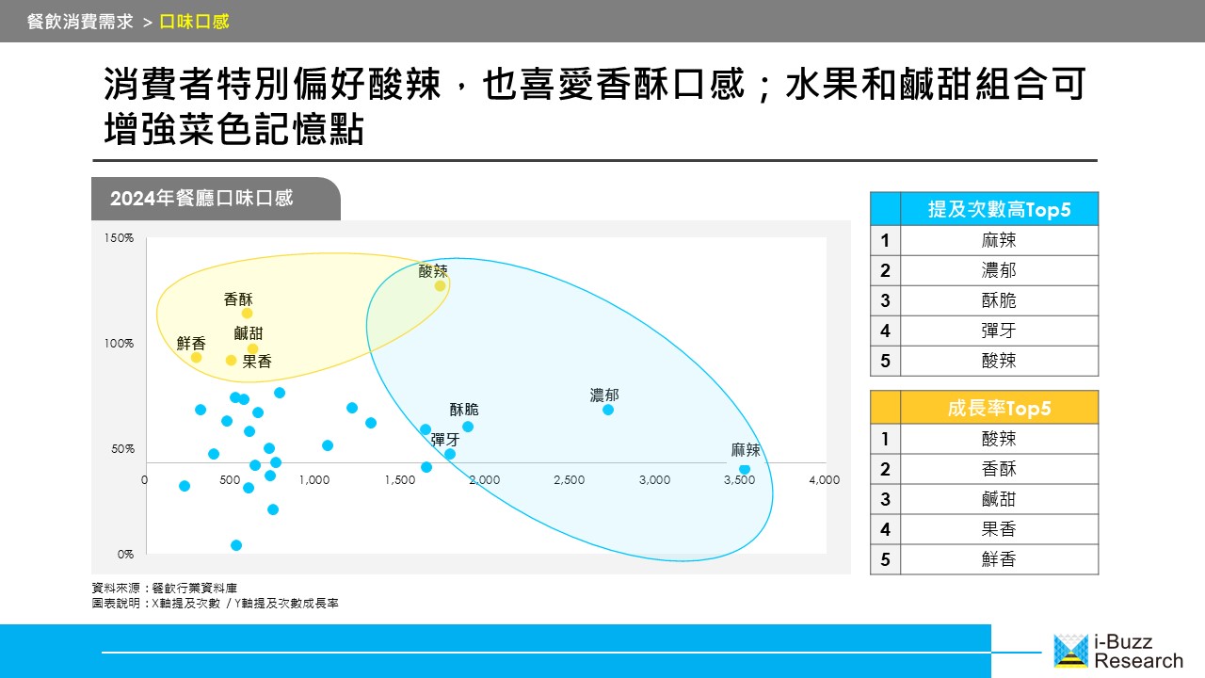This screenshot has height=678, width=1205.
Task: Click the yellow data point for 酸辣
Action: (440, 285)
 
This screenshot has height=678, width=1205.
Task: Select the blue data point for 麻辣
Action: (745, 469)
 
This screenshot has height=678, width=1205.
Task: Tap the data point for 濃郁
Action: (608, 410)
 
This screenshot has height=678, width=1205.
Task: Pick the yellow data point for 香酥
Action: (247, 314)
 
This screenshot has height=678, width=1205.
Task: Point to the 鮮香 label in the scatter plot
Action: (191, 343)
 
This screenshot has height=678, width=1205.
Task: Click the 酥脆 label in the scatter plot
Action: (464, 410)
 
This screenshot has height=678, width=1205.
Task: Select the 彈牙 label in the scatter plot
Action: (445, 440)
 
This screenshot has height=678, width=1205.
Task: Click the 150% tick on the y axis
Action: (119, 238)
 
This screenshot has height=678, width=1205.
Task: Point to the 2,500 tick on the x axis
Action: (570, 480)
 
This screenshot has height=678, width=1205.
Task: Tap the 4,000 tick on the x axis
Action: (824, 480)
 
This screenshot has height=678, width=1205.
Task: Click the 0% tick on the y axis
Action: (125, 555)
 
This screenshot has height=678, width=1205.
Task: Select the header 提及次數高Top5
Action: (999, 209)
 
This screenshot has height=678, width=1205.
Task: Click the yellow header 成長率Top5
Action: (999, 408)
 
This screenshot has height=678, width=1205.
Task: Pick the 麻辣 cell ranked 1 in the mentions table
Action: (999, 240)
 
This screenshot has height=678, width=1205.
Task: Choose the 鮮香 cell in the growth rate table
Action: (999, 559)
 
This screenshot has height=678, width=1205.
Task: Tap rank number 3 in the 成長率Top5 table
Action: (885, 499)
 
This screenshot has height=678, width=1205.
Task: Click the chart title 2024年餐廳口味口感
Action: (201, 198)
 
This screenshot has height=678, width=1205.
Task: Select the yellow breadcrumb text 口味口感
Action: (194, 22)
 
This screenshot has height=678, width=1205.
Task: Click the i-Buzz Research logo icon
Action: (1070, 651)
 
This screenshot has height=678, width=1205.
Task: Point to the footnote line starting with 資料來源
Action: (164, 588)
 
